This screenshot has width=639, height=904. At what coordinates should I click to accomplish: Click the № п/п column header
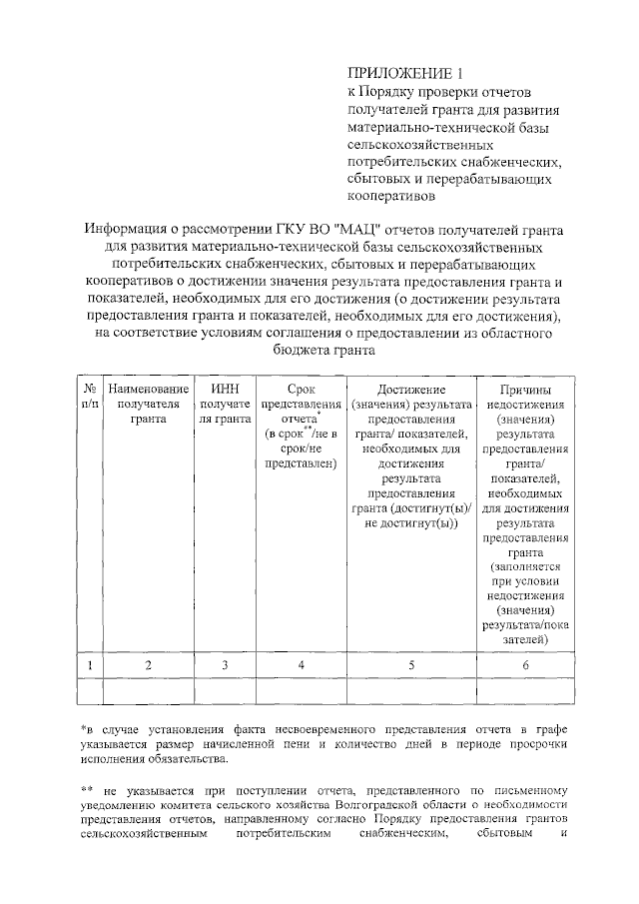coord(90,395)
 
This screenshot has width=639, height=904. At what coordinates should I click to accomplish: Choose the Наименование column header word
coord(148,388)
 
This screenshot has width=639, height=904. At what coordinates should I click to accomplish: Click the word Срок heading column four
coord(301,388)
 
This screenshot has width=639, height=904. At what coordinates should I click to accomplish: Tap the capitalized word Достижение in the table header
coord(411,388)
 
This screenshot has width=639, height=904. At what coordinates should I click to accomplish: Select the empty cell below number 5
coord(411,691)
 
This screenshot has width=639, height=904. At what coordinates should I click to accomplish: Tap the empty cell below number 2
coord(148,691)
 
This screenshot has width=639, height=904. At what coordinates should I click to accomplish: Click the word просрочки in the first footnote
coord(535,745)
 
